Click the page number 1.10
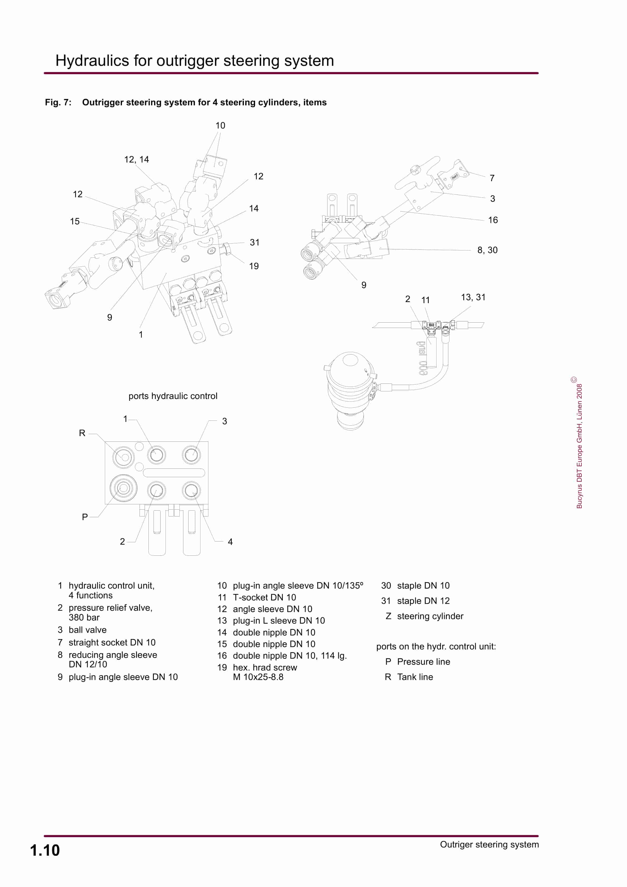(x=45, y=850)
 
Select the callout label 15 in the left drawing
(x=75, y=221)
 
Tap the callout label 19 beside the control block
(x=254, y=266)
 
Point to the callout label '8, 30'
(x=487, y=250)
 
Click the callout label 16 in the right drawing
(x=492, y=220)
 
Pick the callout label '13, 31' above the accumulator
(x=473, y=297)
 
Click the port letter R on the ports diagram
(x=82, y=433)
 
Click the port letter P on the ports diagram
(x=85, y=517)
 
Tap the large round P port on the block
(x=123, y=488)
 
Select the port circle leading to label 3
(x=191, y=455)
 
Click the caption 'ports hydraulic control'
(x=173, y=396)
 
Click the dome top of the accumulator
(x=350, y=360)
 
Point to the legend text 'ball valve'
(x=87, y=630)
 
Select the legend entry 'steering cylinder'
(x=430, y=616)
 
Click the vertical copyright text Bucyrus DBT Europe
(x=579, y=446)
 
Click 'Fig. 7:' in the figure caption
(x=58, y=102)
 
